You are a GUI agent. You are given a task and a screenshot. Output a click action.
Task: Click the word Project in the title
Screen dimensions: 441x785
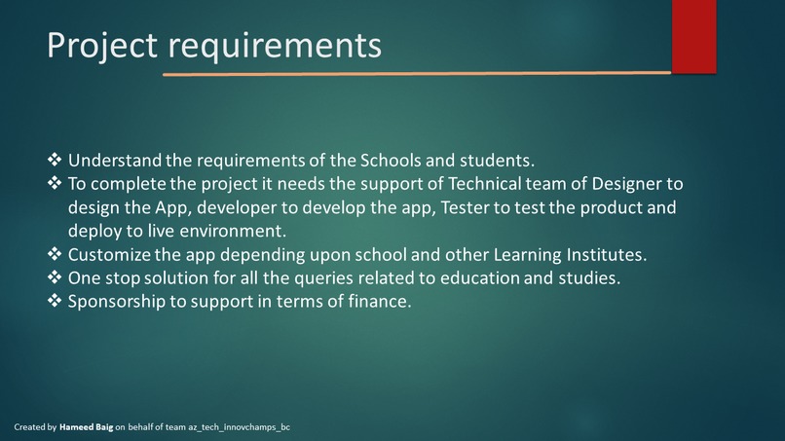click(101, 45)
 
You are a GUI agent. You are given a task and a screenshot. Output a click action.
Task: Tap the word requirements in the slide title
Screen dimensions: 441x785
click(275, 46)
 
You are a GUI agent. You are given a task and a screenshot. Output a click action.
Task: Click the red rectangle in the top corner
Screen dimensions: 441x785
click(693, 36)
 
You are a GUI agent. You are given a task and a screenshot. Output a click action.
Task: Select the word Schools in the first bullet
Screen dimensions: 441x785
click(391, 160)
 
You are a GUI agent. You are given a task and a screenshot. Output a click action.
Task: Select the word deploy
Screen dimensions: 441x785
click(93, 232)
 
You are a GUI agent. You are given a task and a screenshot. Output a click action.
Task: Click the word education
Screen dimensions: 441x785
click(458, 278)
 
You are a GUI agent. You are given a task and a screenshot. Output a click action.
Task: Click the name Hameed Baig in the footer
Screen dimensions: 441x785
click(86, 427)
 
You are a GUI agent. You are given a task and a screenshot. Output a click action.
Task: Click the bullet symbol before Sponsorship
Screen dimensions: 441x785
click(55, 302)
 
